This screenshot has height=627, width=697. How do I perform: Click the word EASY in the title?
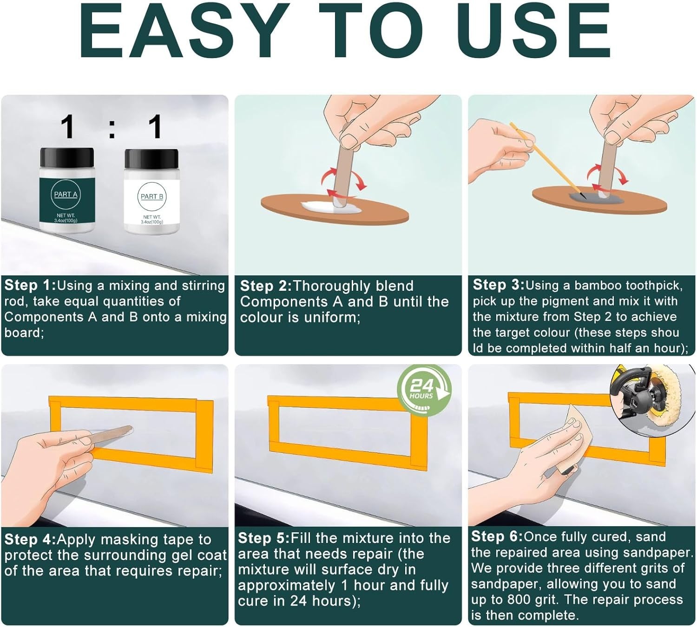pyautogui.click(x=184, y=31)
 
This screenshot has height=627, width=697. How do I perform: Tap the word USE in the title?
pyautogui.click(x=537, y=31)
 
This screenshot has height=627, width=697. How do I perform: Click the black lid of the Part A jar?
pyautogui.click(x=67, y=157)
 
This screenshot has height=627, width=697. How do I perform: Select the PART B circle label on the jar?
pyautogui.click(x=152, y=196)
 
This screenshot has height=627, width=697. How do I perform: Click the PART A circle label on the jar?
pyautogui.click(x=66, y=194)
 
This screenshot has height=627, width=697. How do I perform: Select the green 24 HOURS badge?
pyautogui.click(x=424, y=390)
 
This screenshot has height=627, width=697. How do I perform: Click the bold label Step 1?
pyautogui.click(x=30, y=285)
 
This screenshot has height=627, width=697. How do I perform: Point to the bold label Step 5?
pyautogui.click(x=264, y=538)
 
